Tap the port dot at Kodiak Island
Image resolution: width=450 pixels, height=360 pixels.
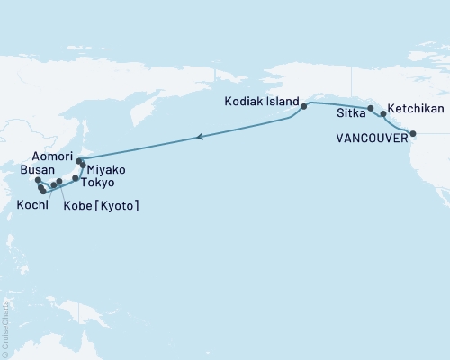(x=304, y=107)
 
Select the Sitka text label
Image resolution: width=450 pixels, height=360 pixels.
(x=348, y=114)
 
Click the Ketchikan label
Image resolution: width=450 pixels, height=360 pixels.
(x=416, y=108)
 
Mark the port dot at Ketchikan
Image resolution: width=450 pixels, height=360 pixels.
(x=384, y=114)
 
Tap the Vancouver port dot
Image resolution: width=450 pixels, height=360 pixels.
(x=413, y=134)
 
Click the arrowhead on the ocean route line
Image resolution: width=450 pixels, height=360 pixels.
(x=201, y=138)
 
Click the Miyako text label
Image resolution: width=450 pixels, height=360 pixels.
(x=107, y=169)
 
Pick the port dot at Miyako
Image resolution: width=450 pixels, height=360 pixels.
(x=83, y=166)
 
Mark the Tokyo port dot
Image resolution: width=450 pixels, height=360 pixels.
(x=76, y=179)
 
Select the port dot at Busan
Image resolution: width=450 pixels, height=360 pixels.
(x=38, y=181)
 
